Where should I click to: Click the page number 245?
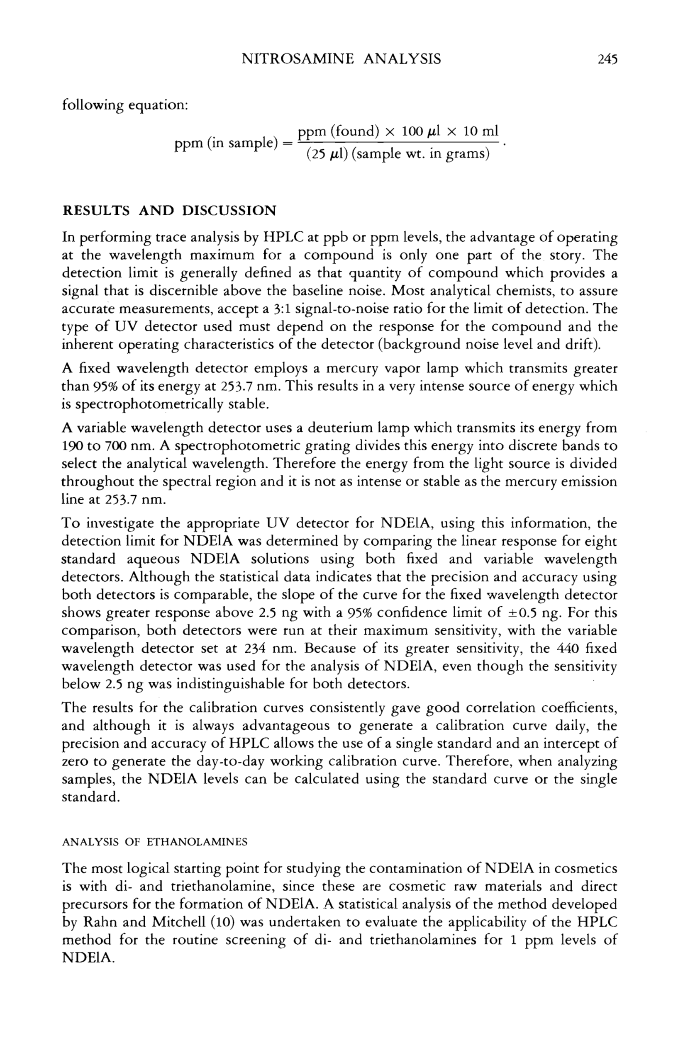(x=607, y=58)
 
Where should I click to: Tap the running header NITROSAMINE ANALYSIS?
(x=341, y=58)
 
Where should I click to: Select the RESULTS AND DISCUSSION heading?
(x=169, y=211)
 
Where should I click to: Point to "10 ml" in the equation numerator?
(x=481, y=131)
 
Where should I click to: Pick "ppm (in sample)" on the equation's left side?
(x=226, y=143)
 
